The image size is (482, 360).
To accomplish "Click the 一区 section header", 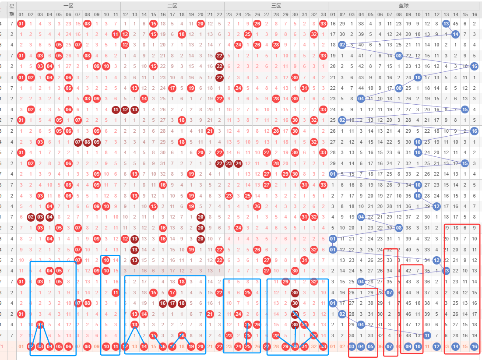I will point(68,6).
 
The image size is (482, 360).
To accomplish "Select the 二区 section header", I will point(172,6).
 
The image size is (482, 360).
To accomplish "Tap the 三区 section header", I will point(276,6).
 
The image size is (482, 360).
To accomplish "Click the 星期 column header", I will point(12,10).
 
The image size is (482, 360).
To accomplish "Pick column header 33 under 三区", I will point(323,14).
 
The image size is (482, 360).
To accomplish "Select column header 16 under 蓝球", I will point(475,14).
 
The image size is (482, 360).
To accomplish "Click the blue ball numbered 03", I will point(352,347).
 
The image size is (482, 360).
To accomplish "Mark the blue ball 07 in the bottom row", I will point(389,347).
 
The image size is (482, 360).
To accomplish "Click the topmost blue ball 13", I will point(446,24).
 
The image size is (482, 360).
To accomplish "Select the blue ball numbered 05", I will point(370,347).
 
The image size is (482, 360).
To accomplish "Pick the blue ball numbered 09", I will point(408,347).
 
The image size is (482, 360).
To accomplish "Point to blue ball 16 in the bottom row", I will point(475,347).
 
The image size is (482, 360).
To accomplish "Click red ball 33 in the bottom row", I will point(323,347).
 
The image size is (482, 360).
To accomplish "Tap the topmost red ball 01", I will point(21,24).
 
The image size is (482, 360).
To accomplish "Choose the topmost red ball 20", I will point(201,24).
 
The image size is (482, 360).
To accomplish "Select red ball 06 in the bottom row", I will point(68,347).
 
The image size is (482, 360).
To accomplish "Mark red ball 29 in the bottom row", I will point(285,347).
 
